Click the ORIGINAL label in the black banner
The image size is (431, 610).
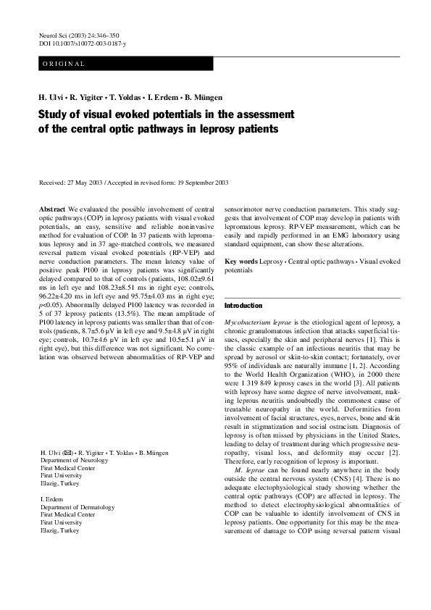pos(64,64)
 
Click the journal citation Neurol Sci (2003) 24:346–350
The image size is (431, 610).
pos(79,35)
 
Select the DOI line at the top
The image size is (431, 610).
pos(82,44)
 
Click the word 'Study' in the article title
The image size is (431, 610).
pos(55,114)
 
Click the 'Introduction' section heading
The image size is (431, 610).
pos(243,306)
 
